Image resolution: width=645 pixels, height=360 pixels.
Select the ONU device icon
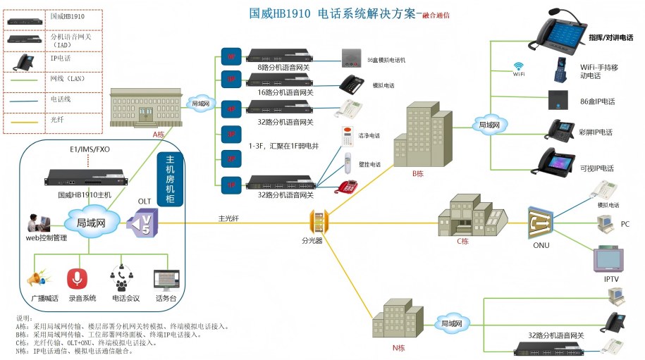pos(541,224)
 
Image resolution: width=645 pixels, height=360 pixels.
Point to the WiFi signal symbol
pos(518,66)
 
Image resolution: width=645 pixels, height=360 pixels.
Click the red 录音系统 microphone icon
pos(77,279)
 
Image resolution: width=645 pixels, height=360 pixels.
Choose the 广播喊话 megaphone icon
pos(39,279)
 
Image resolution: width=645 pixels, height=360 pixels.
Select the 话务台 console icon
pos(166,280)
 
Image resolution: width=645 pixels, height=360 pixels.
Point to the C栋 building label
pos(462,241)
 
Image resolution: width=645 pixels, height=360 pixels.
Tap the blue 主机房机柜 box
pos(170,180)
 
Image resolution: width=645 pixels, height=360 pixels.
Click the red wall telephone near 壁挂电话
pos(348,187)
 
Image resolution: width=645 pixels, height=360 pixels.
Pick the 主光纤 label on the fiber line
pos(228,218)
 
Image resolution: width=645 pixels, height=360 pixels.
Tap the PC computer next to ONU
pos(605,224)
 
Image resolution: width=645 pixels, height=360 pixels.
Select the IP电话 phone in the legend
pos(26,62)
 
